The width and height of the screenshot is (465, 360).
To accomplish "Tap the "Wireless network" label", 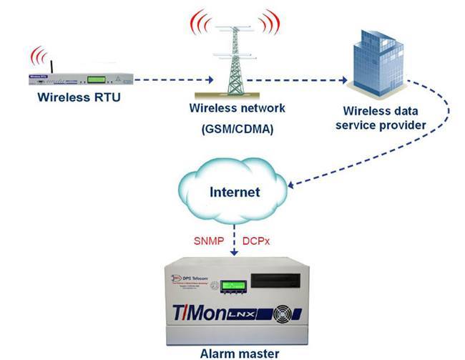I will (x=237, y=109).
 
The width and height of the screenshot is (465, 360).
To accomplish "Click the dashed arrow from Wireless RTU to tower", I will (x=169, y=79).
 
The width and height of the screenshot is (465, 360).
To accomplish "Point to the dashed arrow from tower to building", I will (x=300, y=82).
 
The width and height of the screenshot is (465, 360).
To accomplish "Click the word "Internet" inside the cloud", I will (x=234, y=193).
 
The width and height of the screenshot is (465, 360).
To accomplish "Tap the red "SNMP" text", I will (x=208, y=241).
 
